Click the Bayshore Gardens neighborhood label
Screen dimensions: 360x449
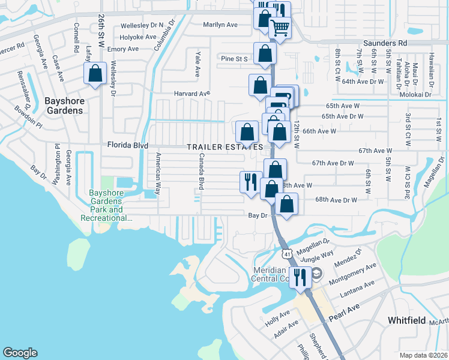click(65, 106)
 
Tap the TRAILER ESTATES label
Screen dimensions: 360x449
click(224, 147)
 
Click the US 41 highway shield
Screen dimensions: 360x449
click(288, 254)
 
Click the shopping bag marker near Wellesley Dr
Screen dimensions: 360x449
click(95, 74)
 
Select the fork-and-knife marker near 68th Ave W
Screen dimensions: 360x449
click(250, 182)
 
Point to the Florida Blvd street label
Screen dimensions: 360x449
click(127, 145)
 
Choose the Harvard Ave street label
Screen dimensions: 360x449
click(192, 94)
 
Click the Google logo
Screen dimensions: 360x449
click(20, 353)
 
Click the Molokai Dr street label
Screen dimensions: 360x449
click(411, 94)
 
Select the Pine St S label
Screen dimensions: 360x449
click(234, 59)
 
